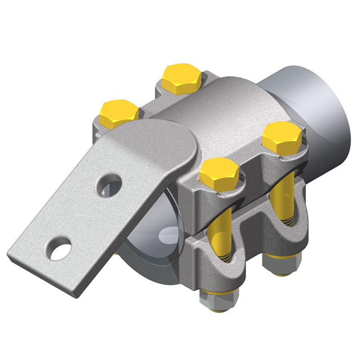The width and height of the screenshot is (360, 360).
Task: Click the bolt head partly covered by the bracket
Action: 118,112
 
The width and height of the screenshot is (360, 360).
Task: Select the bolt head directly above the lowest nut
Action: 220,173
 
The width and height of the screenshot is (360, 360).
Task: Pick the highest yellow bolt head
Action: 182,78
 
